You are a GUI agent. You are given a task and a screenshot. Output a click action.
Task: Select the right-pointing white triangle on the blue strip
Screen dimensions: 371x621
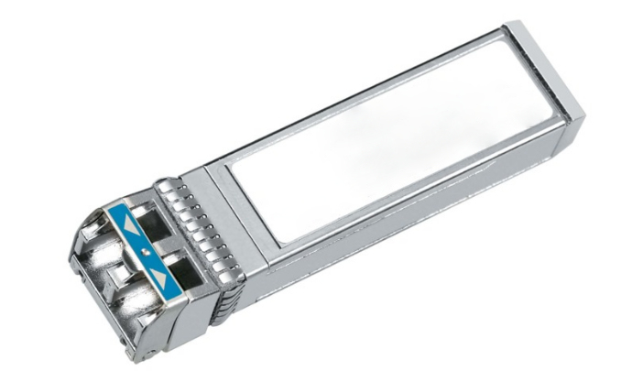[x=161, y=276]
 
